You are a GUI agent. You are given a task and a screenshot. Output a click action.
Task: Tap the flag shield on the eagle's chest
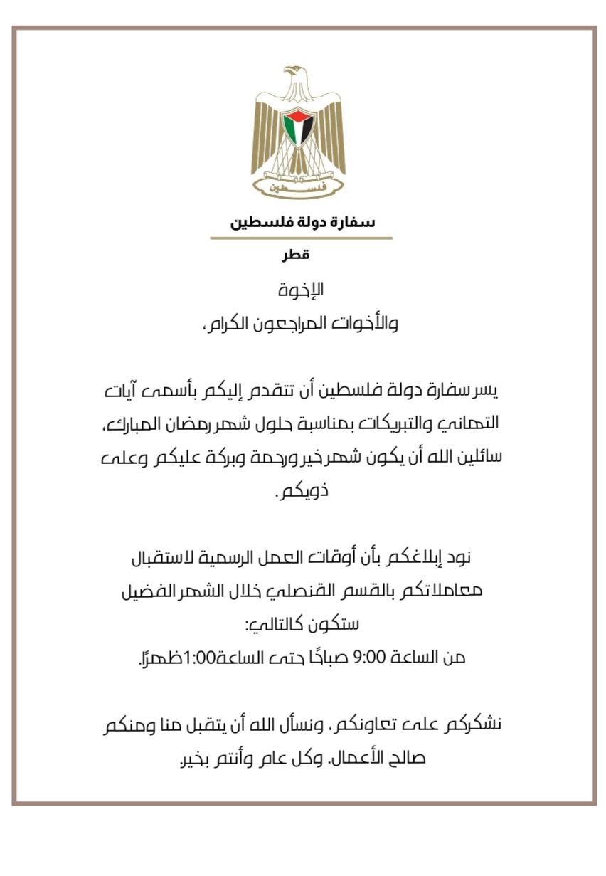[299, 127]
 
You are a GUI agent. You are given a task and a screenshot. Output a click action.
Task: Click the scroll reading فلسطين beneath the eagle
[299, 186]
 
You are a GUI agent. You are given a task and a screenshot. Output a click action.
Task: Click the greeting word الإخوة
[302, 290]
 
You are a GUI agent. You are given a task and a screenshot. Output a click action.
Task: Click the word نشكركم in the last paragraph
[469, 726]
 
